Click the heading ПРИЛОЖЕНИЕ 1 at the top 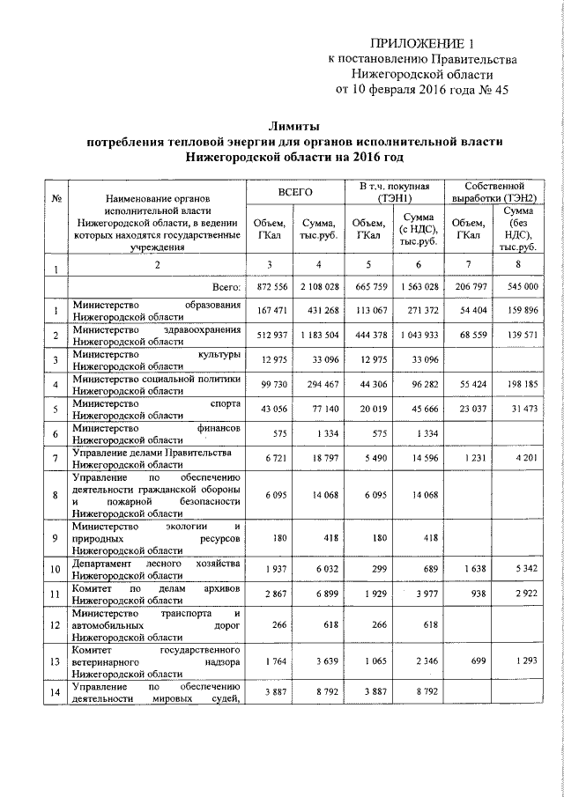[x=416, y=43]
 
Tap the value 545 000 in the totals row [x=523, y=288]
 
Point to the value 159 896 [x=523, y=312]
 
